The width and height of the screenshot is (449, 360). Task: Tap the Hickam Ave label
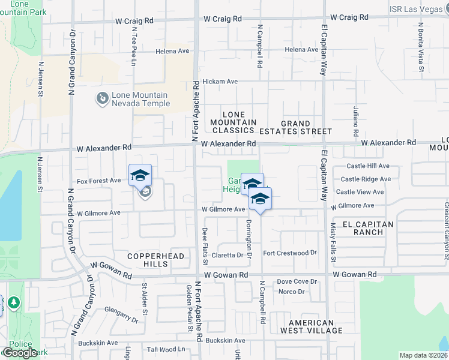click(x=220, y=82)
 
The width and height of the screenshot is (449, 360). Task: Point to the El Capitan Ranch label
click(x=368, y=228)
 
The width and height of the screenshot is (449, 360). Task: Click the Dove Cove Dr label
click(x=297, y=281)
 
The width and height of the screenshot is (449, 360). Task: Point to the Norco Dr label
click(x=292, y=292)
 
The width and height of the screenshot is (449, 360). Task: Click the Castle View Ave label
click(x=360, y=192)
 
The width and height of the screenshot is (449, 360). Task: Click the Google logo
click(x=20, y=353)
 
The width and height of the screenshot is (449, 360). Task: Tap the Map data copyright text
click(x=424, y=355)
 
